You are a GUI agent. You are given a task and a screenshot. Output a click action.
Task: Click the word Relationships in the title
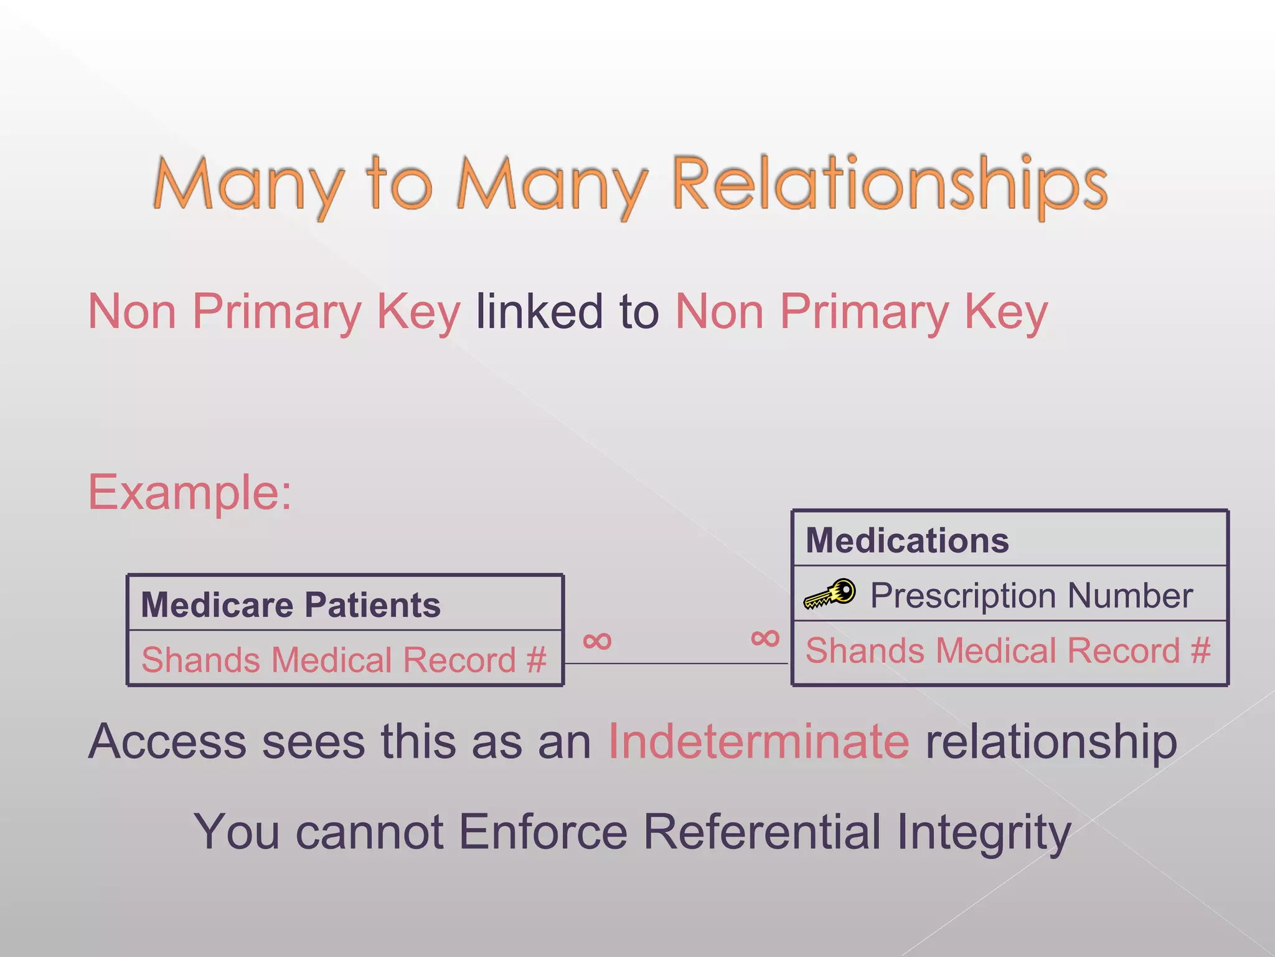click(x=890, y=184)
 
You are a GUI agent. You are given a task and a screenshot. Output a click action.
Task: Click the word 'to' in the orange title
click(x=398, y=184)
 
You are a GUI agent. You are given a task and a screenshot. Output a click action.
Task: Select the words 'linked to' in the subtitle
click(x=567, y=312)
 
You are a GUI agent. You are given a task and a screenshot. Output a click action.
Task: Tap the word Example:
click(x=190, y=492)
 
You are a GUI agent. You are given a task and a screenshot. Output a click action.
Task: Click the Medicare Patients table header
click(x=291, y=604)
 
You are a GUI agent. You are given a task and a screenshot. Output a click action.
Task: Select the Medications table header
click(x=907, y=540)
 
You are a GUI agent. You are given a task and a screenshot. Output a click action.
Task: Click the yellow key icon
click(x=830, y=594)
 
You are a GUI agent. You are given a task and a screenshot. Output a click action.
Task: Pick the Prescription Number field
click(x=1031, y=595)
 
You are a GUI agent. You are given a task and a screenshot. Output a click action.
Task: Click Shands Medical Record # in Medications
click(x=1008, y=650)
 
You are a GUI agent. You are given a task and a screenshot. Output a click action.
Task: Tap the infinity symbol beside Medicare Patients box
click(x=597, y=640)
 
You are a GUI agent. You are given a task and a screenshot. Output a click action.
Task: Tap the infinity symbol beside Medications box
click(x=765, y=638)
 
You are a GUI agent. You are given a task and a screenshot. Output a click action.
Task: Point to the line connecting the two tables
click(x=675, y=664)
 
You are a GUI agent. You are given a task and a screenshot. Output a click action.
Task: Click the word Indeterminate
click(x=758, y=741)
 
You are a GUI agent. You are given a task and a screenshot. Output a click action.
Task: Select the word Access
click(x=167, y=741)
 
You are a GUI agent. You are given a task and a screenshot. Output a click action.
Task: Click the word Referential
click(x=761, y=831)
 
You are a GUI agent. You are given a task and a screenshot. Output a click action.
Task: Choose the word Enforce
click(x=543, y=831)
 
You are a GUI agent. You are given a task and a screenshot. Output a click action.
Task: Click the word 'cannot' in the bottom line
click(x=369, y=831)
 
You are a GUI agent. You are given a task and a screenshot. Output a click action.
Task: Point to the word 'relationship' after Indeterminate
click(x=1051, y=741)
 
